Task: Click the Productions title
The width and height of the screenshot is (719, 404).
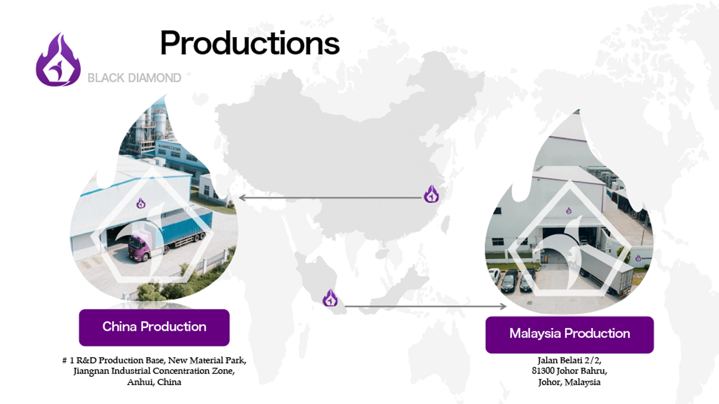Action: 249,43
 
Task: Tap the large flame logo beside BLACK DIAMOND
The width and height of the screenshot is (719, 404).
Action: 58,60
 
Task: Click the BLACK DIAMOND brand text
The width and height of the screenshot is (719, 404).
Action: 134,78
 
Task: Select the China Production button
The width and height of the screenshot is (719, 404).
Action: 154,327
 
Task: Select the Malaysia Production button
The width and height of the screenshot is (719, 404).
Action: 569,335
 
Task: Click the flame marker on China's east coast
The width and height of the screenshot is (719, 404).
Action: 431,194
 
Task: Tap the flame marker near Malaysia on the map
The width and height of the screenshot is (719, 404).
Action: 330,298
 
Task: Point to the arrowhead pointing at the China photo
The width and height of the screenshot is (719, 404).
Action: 242,198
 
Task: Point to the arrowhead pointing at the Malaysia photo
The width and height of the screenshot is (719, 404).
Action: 503,306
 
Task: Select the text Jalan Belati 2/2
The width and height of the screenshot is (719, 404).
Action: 569,360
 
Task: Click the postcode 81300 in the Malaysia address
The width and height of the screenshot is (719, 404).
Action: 543,371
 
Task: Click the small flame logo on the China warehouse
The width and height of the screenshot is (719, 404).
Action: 141,203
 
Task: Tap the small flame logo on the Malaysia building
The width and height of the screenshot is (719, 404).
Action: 569,211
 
